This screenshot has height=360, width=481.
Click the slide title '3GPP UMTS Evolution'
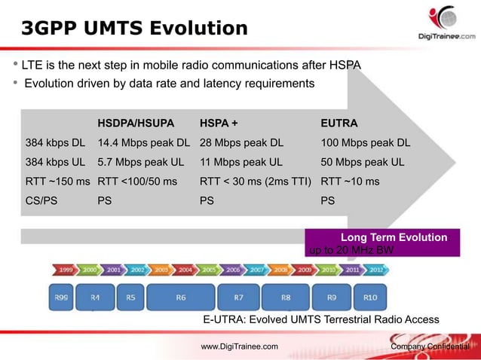[x=133, y=29]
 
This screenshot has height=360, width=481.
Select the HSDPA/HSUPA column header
[x=136, y=123]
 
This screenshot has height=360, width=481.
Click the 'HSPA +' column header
[x=219, y=123]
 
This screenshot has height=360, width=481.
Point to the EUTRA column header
[x=339, y=123]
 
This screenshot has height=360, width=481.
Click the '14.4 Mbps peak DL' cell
[x=143, y=142]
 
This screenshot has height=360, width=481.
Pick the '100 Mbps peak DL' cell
[x=366, y=142]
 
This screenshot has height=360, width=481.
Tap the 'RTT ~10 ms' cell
[x=351, y=182]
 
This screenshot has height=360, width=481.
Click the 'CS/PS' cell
[x=42, y=201]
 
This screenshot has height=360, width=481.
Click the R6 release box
[x=181, y=297]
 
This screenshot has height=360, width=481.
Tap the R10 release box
[x=370, y=297]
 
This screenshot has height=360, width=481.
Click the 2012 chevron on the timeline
[x=377, y=269]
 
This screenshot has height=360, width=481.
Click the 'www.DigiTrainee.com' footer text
[x=239, y=346]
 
